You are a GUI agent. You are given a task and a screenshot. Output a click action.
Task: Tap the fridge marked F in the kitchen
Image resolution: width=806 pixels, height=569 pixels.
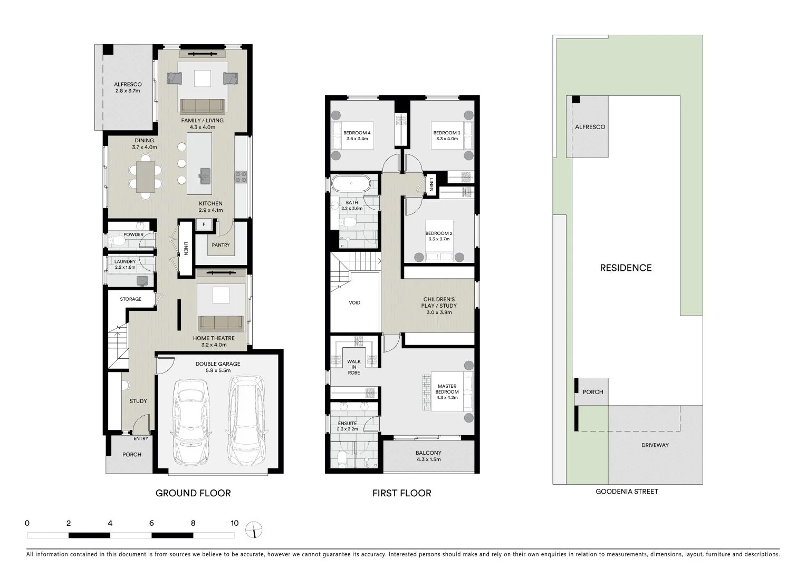tap(204, 225)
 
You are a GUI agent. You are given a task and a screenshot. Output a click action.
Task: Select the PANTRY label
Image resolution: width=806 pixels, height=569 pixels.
tap(220, 245)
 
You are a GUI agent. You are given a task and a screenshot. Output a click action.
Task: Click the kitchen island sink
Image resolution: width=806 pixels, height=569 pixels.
tap(205, 173)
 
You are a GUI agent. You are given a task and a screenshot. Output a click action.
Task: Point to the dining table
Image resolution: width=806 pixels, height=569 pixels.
tap(146, 176)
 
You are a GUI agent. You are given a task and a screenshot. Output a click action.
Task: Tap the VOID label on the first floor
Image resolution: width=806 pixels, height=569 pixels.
tap(354, 303)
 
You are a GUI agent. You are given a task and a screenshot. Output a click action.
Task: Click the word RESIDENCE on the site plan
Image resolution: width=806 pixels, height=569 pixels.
tap(626, 268)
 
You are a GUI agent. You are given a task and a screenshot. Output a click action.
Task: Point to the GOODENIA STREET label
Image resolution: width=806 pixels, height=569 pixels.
tap(627, 492)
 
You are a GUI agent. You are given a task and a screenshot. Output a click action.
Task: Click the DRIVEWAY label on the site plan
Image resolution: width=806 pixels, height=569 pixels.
tap(655, 445)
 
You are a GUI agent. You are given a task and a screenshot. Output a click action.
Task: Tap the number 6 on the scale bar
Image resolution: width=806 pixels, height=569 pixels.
tap(151, 523)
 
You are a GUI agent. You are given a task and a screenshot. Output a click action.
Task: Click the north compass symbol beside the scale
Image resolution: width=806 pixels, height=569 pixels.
tap(254, 530)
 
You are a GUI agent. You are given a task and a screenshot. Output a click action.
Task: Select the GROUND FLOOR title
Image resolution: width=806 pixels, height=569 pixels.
tap(193, 493)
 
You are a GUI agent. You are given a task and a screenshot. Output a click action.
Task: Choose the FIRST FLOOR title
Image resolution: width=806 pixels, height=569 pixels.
tap(401, 493)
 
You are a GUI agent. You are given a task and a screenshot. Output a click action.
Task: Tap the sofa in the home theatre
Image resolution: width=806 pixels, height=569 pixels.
tap(220, 322)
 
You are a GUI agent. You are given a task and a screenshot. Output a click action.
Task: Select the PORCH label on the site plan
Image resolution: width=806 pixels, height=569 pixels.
tap(593, 392)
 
